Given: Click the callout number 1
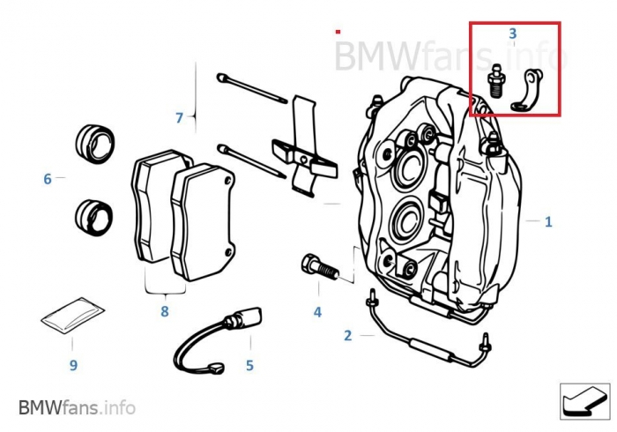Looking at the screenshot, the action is (548, 222).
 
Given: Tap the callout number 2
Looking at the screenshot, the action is (347, 336).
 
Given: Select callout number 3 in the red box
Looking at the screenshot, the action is (512, 34).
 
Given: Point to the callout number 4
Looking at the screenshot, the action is (317, 312).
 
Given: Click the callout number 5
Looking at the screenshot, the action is (249, 366).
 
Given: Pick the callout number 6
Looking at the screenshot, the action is (48, 179).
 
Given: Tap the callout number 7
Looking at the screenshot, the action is (179, 117).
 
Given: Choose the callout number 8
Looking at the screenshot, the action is (165, 311).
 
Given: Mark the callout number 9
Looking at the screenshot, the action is (73, 365).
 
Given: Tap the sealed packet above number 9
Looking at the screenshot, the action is (73, 316).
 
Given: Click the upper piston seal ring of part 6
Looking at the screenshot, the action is (95, 144).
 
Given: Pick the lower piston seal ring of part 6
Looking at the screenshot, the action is (93, 218).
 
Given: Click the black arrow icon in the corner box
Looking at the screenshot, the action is (584, 401).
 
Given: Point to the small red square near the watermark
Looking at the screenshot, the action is (338, 32).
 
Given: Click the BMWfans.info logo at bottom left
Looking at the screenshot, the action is (78, 407).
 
